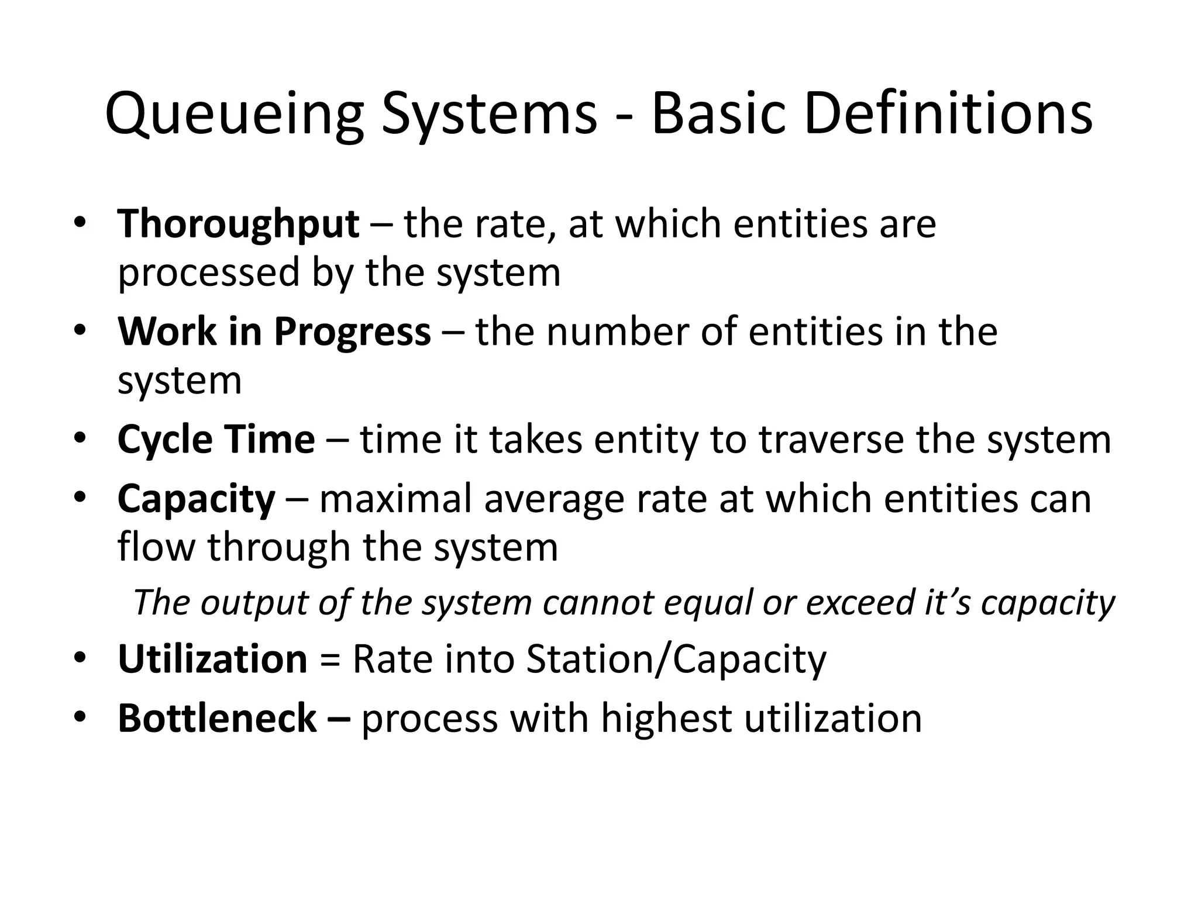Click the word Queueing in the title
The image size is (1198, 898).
click(234, 115)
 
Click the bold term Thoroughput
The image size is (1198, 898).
click(238, 225)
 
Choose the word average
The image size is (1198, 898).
click(555, 501)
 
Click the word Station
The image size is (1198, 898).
click(591, 659)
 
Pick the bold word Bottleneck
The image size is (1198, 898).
click(217, 719)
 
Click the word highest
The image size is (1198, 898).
click(667, 719)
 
